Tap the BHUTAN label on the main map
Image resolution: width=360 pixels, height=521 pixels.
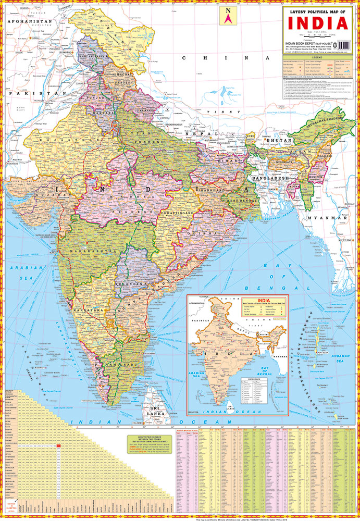[275, 141]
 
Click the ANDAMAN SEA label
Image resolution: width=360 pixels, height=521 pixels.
[339, 357]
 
